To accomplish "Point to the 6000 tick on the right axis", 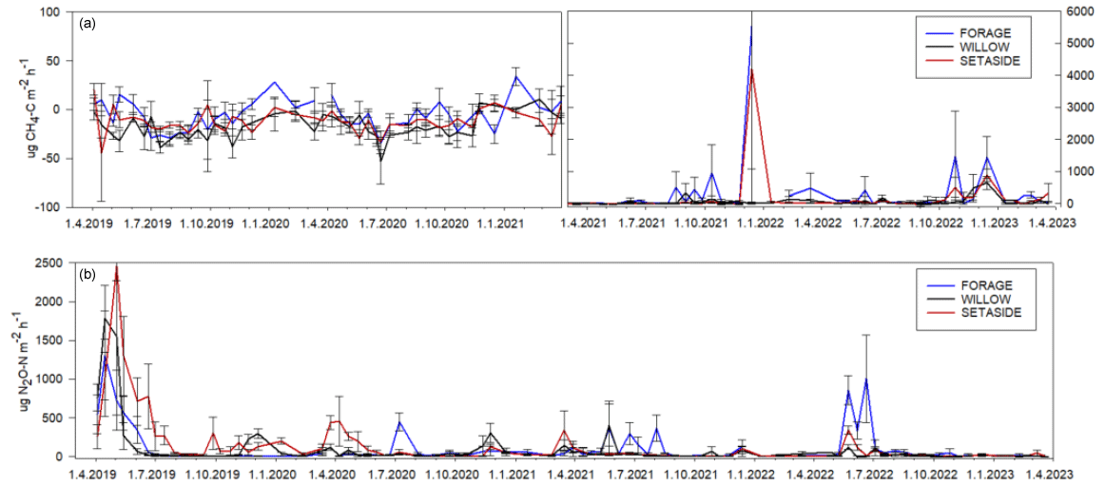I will (x=1067, y=11).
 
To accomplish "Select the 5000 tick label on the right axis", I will (x=1067, y=44).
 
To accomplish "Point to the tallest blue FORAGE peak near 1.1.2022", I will (x=751, y=28).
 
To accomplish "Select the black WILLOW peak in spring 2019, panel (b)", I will (x=105, y=319).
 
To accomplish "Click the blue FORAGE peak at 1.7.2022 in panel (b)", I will (x=865, y=379).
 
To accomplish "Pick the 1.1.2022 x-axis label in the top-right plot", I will (x=752, y=222).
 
